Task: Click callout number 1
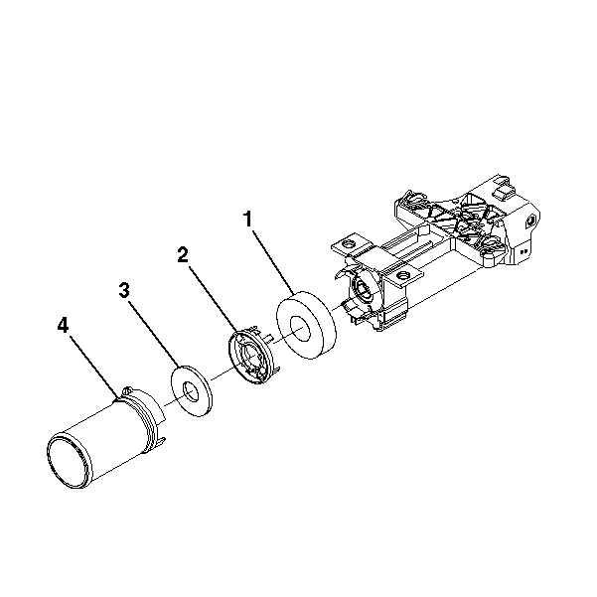coord(248,220)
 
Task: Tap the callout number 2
coord(183,254)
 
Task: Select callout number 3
coord(124,290)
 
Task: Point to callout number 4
coord(63,326)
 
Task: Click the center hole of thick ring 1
coord(300,328)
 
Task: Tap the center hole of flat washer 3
coord(191,391)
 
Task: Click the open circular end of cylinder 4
coord(69,460)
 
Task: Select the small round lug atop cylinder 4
coord(127,391)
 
